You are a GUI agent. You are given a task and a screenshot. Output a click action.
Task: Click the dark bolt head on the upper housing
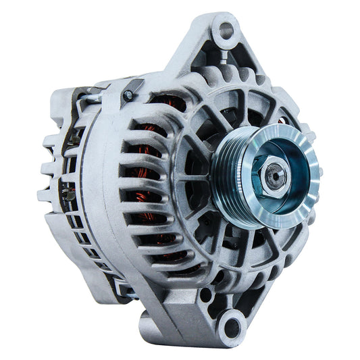tap(129, 95)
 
